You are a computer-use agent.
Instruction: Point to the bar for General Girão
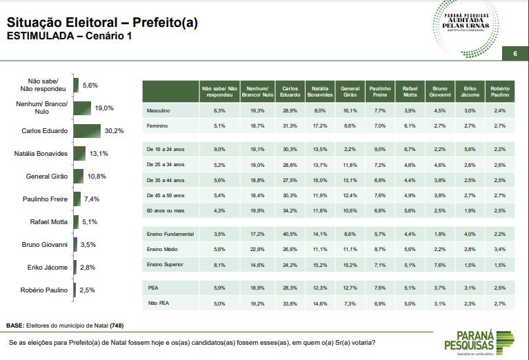[78, 177]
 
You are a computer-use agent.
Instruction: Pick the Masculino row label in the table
[159, 111]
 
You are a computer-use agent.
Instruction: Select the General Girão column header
[350, 92]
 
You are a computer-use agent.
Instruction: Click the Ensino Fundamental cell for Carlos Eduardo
[290, 234]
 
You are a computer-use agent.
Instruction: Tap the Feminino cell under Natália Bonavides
[319, 126]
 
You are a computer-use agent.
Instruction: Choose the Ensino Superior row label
[164, 264]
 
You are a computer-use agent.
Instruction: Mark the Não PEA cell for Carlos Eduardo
[290, 302]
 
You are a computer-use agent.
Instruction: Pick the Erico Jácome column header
[470, 92]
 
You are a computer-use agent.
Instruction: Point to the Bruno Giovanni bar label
[44, 245]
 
